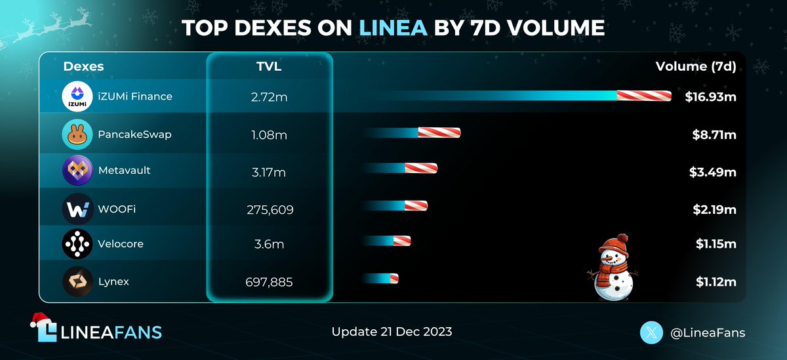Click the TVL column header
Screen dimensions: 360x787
point(270,67)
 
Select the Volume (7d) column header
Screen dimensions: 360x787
point(696,67)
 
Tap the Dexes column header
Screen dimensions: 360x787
point(83,67)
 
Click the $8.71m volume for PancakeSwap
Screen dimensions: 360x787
point(714,134)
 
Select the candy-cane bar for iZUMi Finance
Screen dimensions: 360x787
point(518,96)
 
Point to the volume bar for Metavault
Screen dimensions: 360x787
point(400,169)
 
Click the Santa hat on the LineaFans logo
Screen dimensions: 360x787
point(43,321)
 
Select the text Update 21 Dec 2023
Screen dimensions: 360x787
point(392,332)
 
